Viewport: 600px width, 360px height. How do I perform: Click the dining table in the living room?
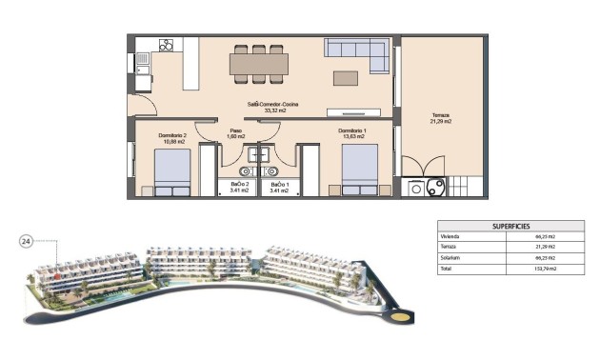click(258, 64)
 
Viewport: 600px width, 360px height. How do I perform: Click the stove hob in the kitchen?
click(165, 45)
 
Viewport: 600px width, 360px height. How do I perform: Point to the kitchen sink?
click(141, 63)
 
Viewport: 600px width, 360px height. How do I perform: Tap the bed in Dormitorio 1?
click(359, 170)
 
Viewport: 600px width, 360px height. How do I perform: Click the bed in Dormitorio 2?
click(172, 172)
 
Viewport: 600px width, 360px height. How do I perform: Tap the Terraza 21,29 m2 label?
click(440, 118)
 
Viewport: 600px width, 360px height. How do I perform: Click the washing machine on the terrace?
click(415, 188)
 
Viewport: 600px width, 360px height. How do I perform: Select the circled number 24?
click(27, 242)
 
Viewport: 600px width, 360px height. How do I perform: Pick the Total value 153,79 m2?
click(546, 270)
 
